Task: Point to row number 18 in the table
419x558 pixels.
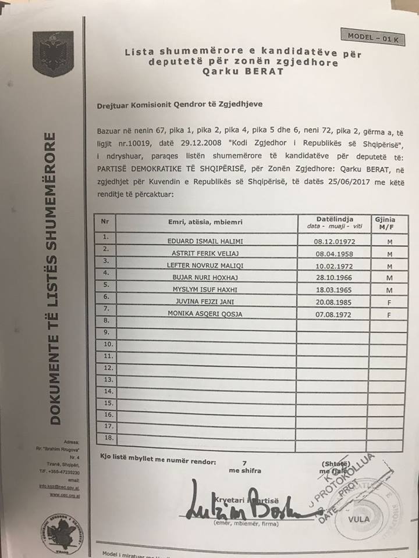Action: pyautogui.click(x=107, y=438)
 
